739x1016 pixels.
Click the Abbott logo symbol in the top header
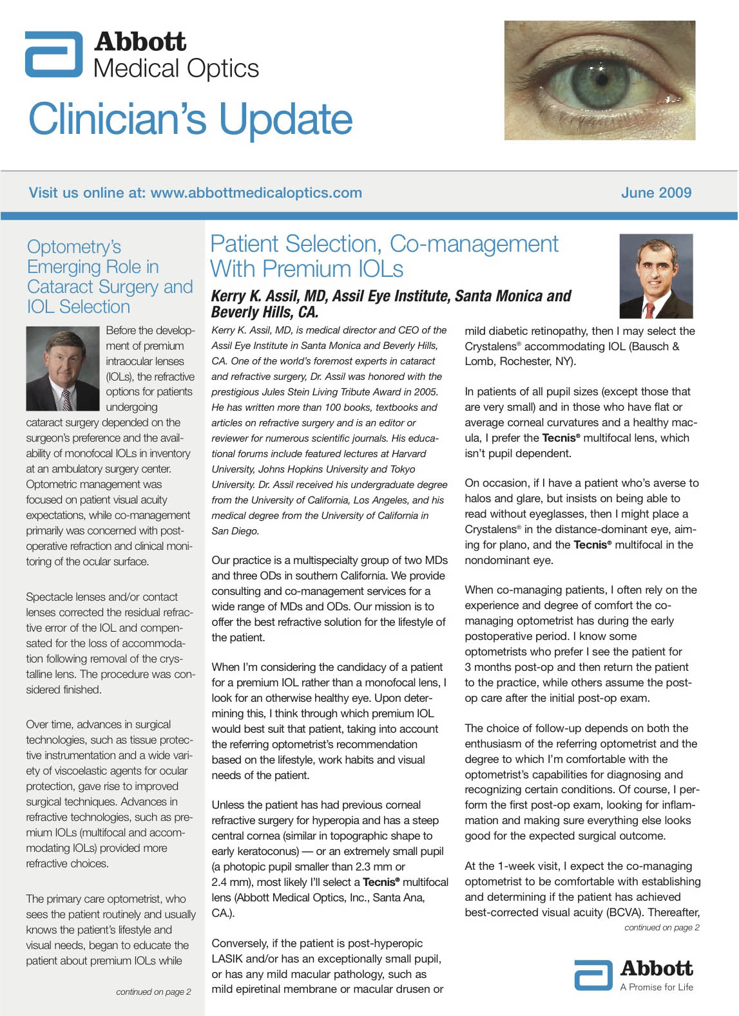click(x=54, y=54)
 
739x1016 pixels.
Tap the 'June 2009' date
click(x=656, y=193)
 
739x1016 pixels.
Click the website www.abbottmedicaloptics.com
click(x=256, y=193)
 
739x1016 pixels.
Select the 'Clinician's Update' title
click(x=191, y=119)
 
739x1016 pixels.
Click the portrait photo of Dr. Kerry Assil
click(x=656, y=276)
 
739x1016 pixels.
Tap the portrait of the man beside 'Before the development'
click(x=62, y=368)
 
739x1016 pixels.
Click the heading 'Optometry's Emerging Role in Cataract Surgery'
click(x=110, y=277)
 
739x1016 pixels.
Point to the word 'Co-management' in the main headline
click(x=474, y=244)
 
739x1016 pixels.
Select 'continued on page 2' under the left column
click(x=153, y=992)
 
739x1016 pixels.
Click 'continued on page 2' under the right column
click(x=662, y=927)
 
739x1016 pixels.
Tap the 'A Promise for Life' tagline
click(x=657, y=987)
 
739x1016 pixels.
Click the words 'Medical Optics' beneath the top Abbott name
click(x=176, y=68)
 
